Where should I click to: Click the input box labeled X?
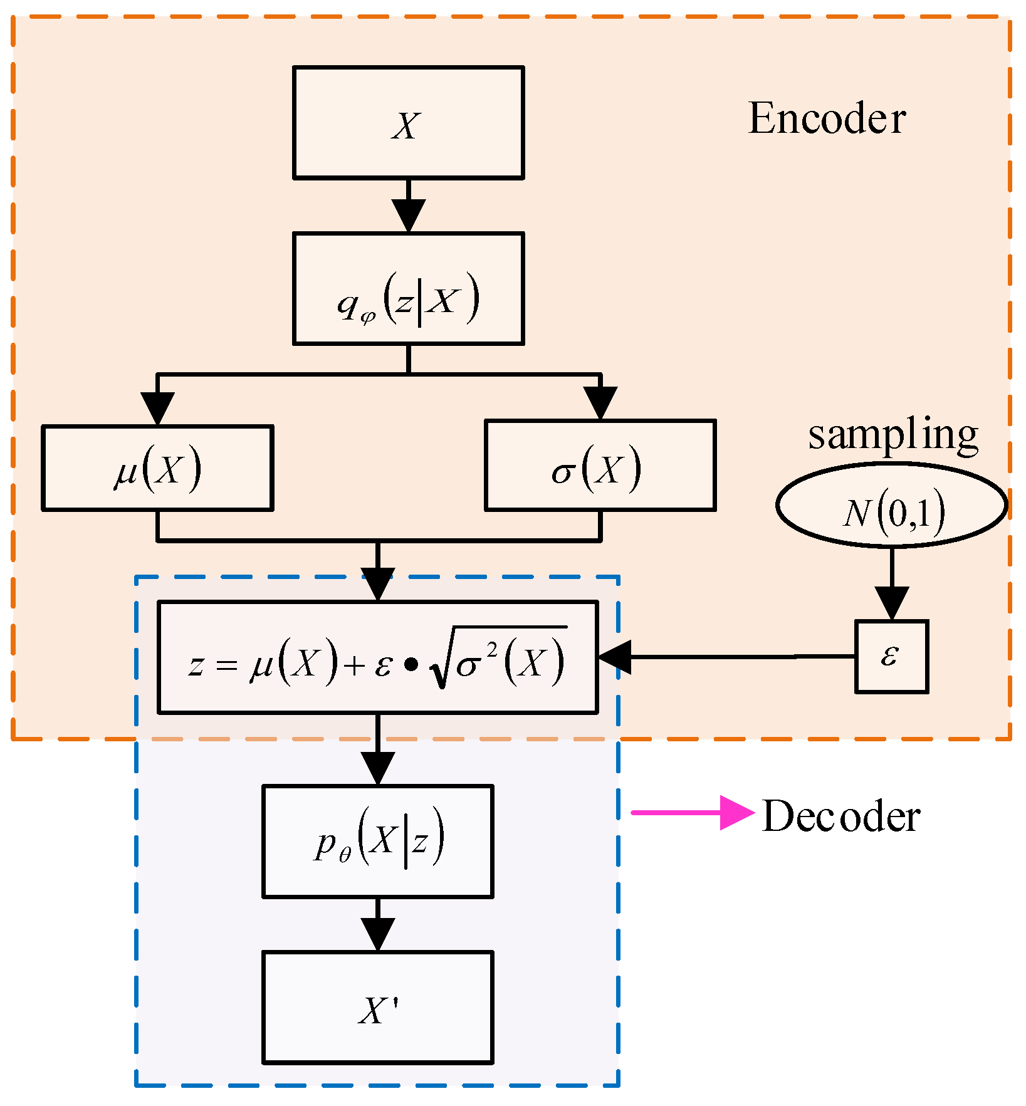[408, 123]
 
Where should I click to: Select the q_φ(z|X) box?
[408, 289]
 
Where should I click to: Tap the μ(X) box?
[157, 468]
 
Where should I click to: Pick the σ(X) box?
[600, 465]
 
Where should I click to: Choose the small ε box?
[891, 657]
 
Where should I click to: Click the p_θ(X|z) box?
[377, 841]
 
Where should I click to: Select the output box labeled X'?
[377, 1007]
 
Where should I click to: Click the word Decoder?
[840, 816]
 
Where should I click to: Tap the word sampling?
[893, 434]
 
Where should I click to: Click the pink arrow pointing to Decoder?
[693, 813]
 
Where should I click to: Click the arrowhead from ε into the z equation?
[615, 657]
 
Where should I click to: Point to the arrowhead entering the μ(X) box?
[157, 409]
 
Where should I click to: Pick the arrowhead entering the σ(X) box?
[600, 403]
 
